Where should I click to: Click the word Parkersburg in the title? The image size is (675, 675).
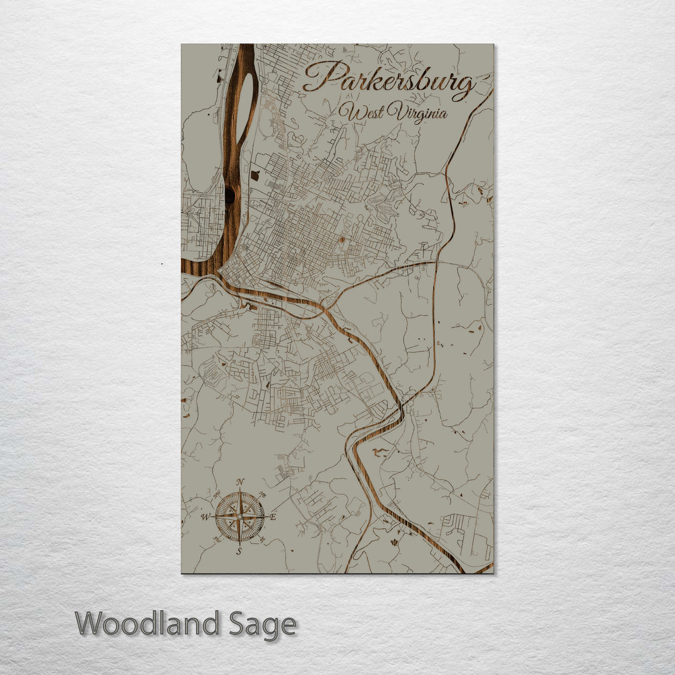(389, 80)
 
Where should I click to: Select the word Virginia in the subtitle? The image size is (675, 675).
(417, 113)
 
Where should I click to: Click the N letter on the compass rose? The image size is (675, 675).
(240, 482)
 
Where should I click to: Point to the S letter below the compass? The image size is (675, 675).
(239, 551)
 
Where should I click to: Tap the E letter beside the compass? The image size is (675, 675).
(272, 517)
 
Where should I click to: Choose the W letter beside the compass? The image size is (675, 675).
(204, 517)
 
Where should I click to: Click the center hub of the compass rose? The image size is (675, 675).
(240, 517)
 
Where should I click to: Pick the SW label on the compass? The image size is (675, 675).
(217, 539)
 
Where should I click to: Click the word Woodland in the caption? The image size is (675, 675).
(147, 624)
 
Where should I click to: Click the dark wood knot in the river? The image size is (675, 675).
(229, 195)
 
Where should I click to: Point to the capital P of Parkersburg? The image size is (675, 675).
(320, 78)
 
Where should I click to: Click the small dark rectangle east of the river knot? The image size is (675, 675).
(254, 176)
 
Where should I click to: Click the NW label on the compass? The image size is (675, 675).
(218, 495)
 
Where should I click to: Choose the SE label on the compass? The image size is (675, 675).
(262, 539)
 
